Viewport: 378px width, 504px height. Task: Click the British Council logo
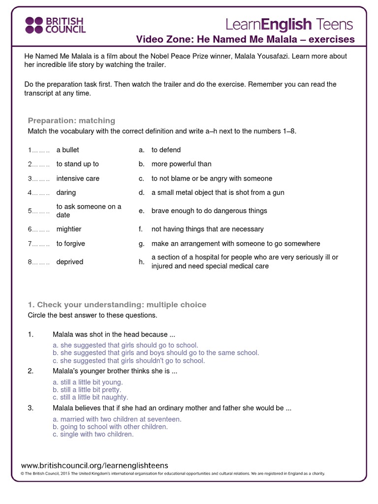(x=55, y=25)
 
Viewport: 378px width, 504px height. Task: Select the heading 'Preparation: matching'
(x=71, y=121)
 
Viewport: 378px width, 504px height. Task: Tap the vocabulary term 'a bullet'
(x=67, y=150)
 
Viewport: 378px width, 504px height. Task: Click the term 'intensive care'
(x=78, y=179)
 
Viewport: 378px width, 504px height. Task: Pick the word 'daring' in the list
(x=66, y=193)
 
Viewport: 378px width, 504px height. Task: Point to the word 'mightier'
(x=69, y=229)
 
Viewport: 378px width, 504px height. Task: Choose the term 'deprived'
(x=70, y=262)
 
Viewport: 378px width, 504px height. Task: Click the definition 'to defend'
(x=166, y=150)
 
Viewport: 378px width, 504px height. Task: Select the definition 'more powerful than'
(x=181, y=164)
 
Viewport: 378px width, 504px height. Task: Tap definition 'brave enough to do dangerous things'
(x=209, y=211)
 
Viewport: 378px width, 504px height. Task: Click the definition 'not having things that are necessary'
(x=207, y=229)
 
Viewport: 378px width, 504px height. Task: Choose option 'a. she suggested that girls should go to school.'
(x=125, y=346)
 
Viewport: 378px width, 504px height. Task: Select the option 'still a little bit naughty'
(x=90, y=397)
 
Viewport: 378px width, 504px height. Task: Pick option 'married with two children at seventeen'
(x=117, y=419)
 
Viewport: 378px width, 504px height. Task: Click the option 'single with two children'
(x=93, y=435)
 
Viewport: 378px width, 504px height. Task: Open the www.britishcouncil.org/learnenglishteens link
(x=94, y=465)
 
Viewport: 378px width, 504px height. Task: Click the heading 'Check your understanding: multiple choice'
(x=117, y=305)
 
